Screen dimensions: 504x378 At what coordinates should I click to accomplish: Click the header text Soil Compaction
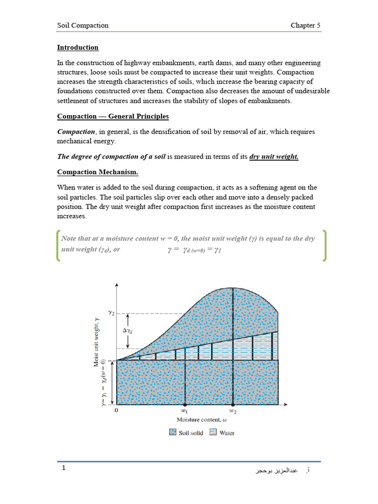(x=83, y=25)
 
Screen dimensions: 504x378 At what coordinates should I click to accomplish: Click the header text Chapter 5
(x=306, y=25)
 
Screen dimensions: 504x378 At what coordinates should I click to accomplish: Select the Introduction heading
(x=78, y=47)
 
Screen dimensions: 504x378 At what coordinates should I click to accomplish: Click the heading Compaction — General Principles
(x=113, y=116)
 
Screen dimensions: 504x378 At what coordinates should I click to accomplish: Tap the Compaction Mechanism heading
(x=97, y=172)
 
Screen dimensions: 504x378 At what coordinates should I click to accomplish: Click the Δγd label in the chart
(x=127, y=331)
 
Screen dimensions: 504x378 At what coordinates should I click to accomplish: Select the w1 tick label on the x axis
(x=185, y=409)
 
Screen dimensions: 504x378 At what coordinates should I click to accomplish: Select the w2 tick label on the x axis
(x=232, y=409)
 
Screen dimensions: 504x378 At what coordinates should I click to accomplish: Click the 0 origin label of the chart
(x=116, y=409)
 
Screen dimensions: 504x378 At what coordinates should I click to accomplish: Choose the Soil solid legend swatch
(x=173, y=432)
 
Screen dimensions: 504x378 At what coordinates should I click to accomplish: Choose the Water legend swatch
(x=213, y=432)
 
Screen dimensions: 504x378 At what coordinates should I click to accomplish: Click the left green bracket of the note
(x=58, y=245)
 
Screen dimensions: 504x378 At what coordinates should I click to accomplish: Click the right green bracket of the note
(x=324, y=245)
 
